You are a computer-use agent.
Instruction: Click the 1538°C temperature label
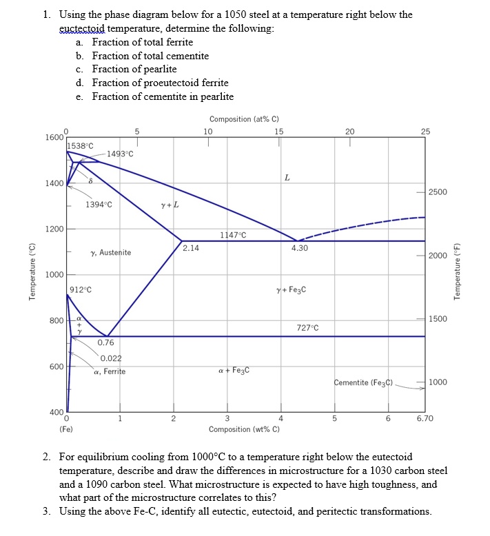tap(79, 145)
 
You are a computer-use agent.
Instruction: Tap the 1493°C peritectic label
tap(119, 154)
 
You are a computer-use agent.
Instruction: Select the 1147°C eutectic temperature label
tap(233, 235)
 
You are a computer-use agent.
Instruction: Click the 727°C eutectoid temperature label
tap(307, 327)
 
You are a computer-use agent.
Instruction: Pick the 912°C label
tap(80, 289)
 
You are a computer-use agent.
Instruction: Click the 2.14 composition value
tap(192, 248)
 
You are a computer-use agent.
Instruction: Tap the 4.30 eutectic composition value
tap(299, 248)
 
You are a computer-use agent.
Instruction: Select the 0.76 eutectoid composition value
tap(105, 342)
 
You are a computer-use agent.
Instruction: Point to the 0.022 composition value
tap(111, 358)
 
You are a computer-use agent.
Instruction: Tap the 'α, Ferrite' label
tap(110, 371)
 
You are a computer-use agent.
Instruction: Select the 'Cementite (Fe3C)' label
tap(363, 382)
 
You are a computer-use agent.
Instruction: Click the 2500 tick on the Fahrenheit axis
tap(439, 192)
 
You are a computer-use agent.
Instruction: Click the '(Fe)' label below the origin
tap(67, 429)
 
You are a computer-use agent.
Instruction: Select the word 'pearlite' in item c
tap(161, 69)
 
